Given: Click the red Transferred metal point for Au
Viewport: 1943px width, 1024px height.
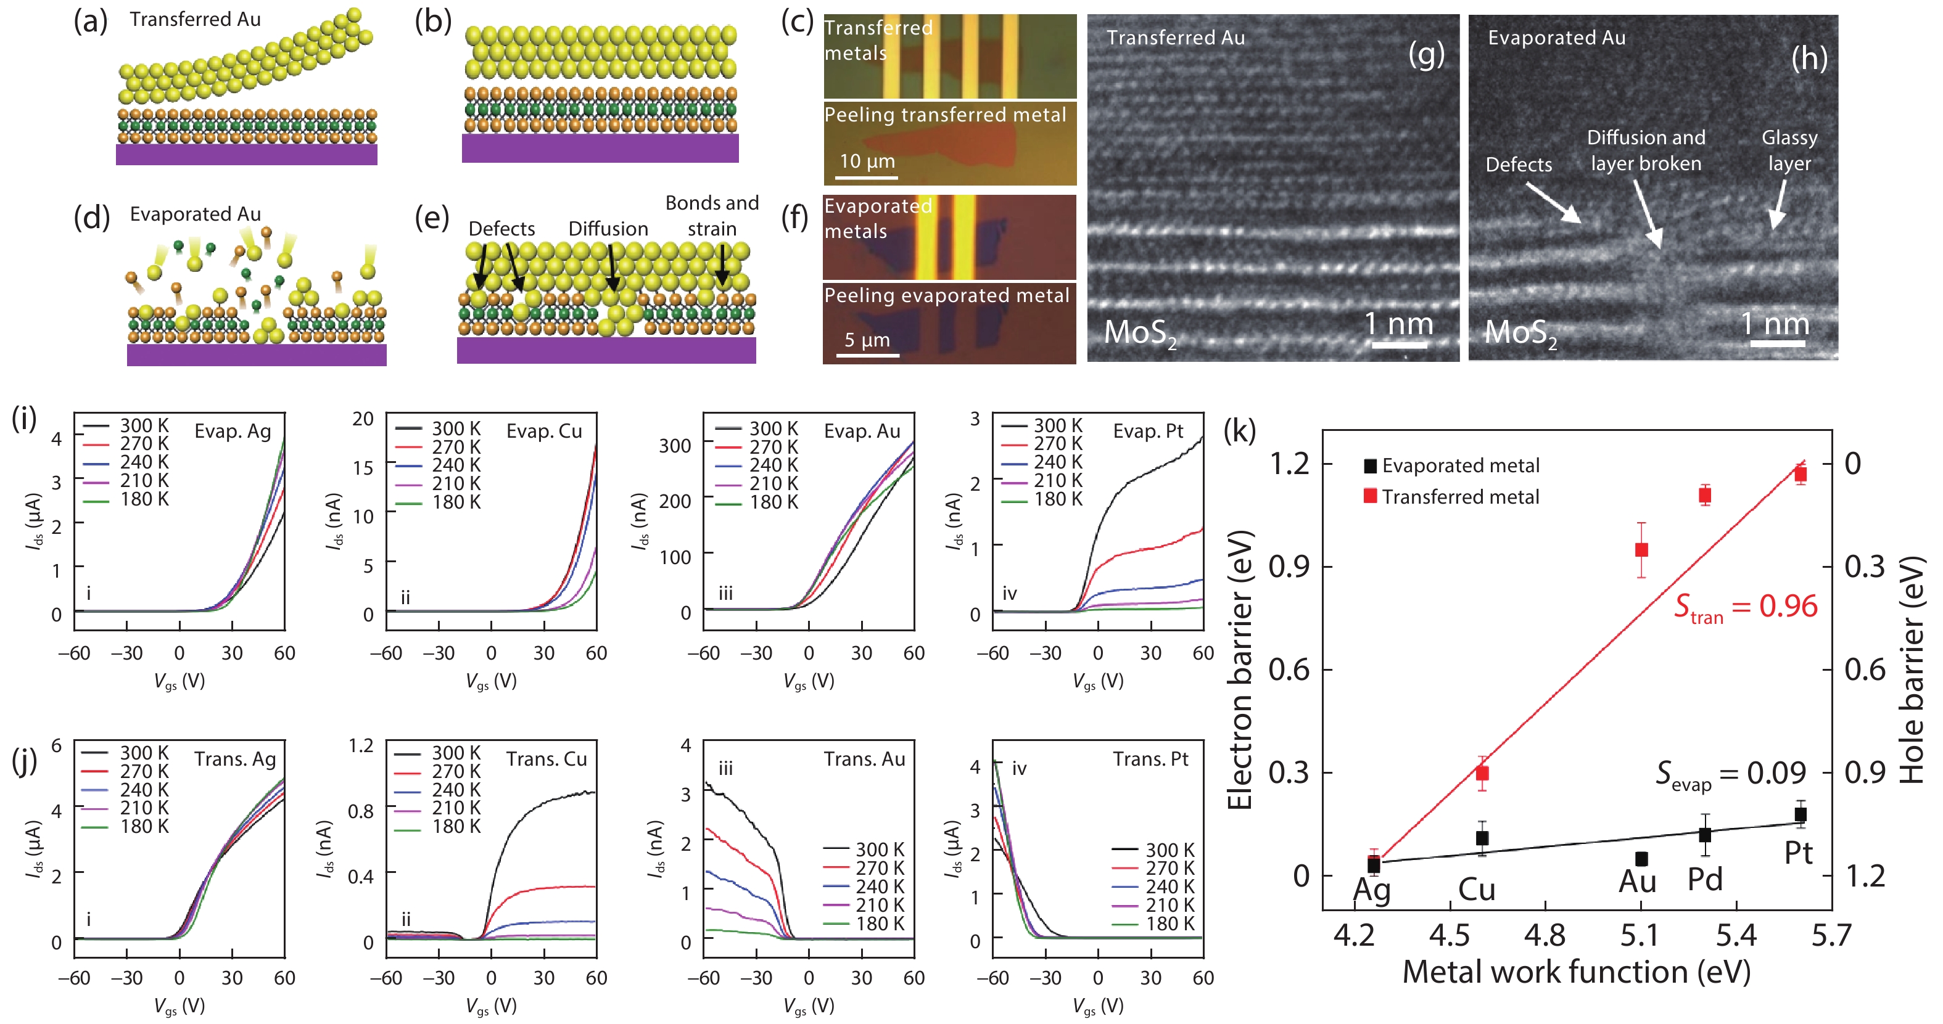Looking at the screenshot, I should click(1641, 550).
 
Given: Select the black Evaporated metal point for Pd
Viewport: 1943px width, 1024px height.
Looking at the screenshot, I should click(1705, 835).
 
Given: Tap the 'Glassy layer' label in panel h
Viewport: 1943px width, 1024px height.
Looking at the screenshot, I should click(1789, 151).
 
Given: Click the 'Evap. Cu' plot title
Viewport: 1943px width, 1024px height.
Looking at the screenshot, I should click(544, 432).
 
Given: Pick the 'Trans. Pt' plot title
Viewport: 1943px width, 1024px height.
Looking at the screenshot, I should click(1150, 760).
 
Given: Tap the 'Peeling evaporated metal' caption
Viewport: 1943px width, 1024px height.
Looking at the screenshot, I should click(947, 295).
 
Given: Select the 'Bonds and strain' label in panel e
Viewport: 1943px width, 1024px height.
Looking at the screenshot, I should click(711, 216).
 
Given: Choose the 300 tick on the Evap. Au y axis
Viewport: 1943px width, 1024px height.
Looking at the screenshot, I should click(675, 446).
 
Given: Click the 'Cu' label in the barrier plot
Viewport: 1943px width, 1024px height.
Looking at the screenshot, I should click(1476, 890).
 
